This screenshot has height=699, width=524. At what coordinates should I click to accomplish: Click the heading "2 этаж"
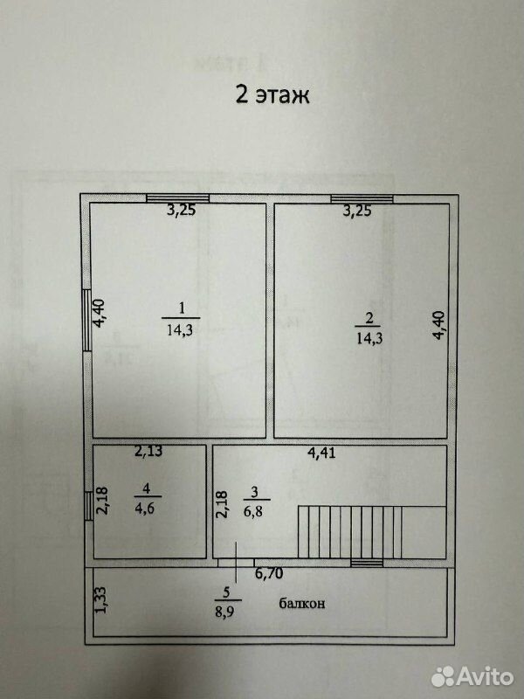tap(272, 95)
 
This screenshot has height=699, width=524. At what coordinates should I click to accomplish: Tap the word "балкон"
tap(301, 604)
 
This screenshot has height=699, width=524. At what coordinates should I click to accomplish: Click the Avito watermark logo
tap(472, 676)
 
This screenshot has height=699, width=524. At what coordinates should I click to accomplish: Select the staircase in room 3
tap(372, 532)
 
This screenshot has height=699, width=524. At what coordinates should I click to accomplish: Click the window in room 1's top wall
tap(178, 198)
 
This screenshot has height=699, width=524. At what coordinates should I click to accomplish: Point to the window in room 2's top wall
tap(362, 199)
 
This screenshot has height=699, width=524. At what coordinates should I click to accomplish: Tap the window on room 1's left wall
tap(86, 320)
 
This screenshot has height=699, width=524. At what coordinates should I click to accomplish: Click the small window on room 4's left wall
tap(89, 506)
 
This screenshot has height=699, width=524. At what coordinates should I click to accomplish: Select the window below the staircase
tap(367, 563)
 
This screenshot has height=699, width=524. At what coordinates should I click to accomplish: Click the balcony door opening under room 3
tap(236, 563)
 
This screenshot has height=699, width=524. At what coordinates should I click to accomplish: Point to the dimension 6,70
tap(269, 573)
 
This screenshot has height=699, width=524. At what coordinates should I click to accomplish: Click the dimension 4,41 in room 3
tap(321, 453)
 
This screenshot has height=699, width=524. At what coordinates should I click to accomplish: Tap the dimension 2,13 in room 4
tap(148, 452)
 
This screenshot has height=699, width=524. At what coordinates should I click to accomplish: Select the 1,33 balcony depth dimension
tap(101, 599)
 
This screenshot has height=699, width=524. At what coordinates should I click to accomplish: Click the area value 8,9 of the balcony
tap(224, 611)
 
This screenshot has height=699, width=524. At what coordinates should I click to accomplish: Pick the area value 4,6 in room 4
tap(145, 508)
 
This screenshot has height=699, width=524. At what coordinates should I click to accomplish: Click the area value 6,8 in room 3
tap(252, 511)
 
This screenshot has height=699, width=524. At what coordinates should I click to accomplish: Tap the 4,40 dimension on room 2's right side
tap(440, 325)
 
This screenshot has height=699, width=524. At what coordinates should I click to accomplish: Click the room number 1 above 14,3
tap(181, 308)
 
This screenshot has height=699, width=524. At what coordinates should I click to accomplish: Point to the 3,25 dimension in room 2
tap(357, 211)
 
